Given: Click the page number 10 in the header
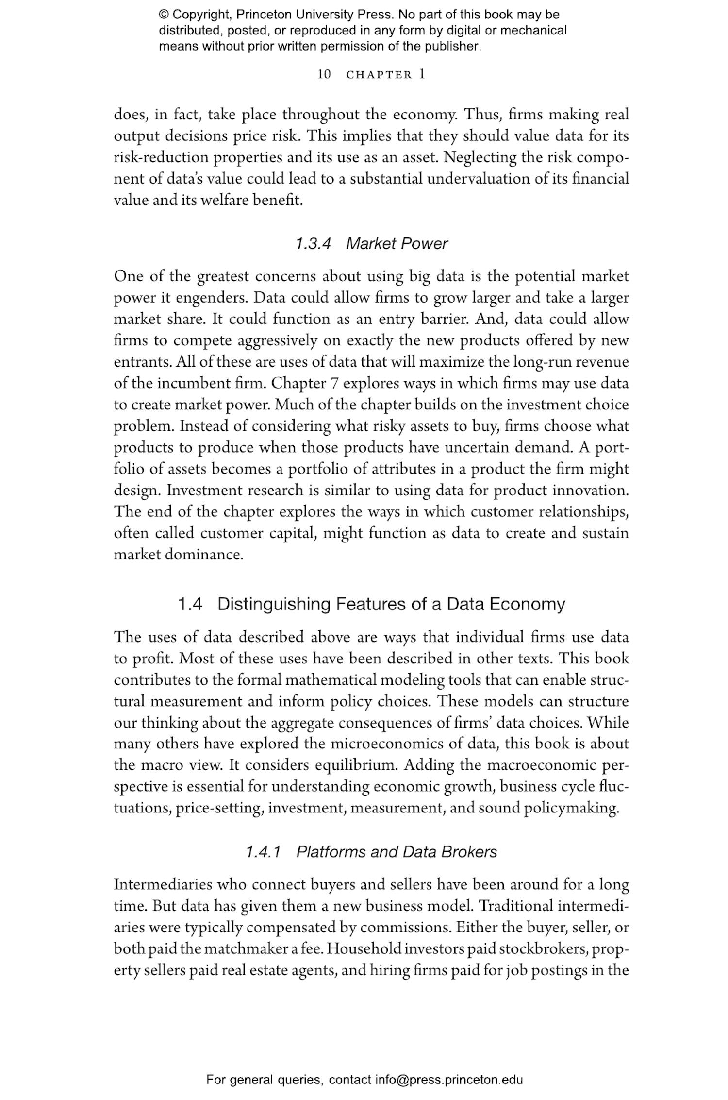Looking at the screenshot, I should pos(324,74).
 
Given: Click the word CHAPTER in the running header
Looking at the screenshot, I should pos(379,75).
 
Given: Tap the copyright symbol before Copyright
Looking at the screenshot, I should pos(164,15).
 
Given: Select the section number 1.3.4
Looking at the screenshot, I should pos(313,243).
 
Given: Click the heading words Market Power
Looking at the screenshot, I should pos(397,243).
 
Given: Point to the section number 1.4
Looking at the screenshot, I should pos(190,604).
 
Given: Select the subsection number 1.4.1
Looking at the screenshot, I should pos(263,852).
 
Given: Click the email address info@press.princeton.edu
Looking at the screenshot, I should pos(449,1080).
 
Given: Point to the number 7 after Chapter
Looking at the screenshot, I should pos(334,383).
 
